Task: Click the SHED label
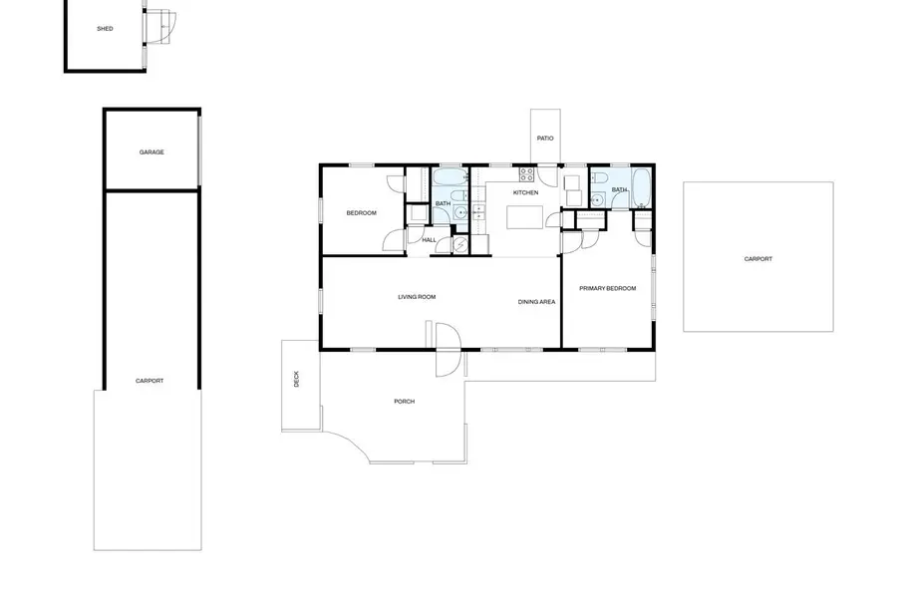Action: [105, 29]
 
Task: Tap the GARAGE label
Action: [151, 152]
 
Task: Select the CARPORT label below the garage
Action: [149, 381]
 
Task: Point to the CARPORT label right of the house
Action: [757, 259]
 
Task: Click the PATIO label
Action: [545, 139]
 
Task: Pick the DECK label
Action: [295, 379]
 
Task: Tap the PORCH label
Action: [404, 402]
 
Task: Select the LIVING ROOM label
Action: [417, 297]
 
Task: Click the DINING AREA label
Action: [536, 301]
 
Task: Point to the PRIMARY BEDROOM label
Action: [608, 289]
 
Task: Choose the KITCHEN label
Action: [525, 192]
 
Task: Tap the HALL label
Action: [429, 240]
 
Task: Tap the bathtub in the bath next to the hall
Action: [447, 180]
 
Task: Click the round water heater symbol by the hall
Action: [460, 244]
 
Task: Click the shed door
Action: [160, 25]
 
